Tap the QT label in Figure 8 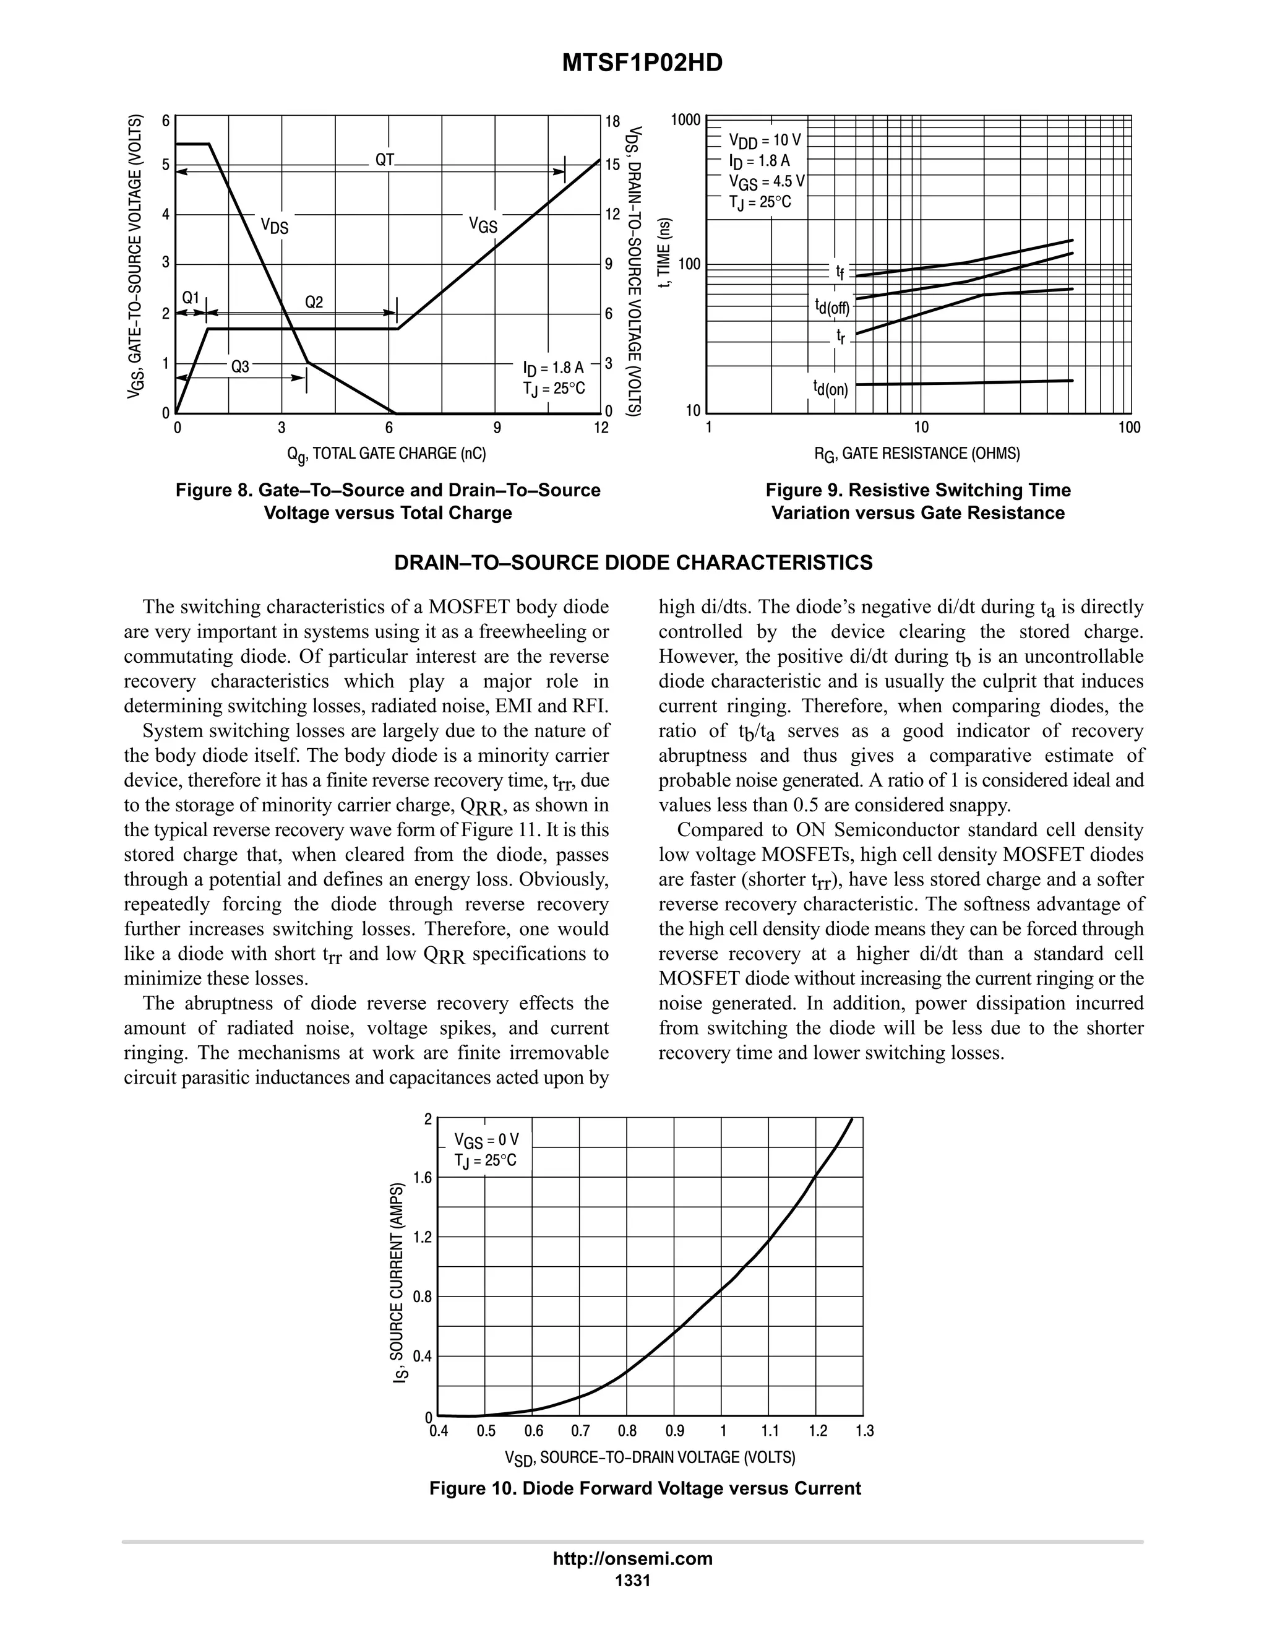coord(384,160)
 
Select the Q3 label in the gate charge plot coord(239,366)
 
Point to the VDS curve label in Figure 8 coord(274,225)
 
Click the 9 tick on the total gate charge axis coord(497,428)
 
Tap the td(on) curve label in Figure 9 coord(830,387)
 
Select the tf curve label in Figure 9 coord(840,272)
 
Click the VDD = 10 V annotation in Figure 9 coord(764,140)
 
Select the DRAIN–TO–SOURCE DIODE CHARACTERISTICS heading coord(633,563)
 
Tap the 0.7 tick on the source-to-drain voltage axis coord(580,1430)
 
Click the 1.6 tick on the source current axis coord(423,1178)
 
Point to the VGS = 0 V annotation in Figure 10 coord(486,1141)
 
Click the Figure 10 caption coord(645,1488)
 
